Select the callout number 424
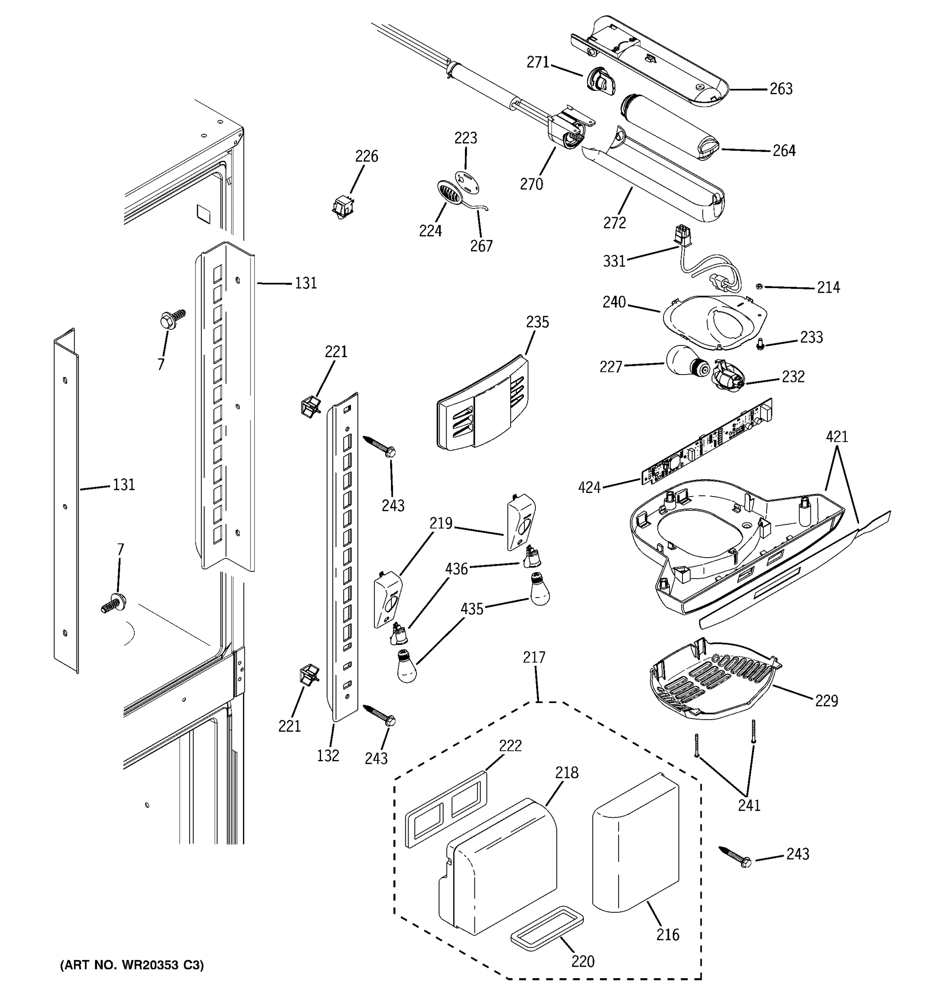589,487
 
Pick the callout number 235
537,322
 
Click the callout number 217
534,657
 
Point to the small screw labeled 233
760,345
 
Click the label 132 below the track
328,755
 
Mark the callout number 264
784,151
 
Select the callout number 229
826,701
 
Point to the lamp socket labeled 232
727,376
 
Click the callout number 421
837,437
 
